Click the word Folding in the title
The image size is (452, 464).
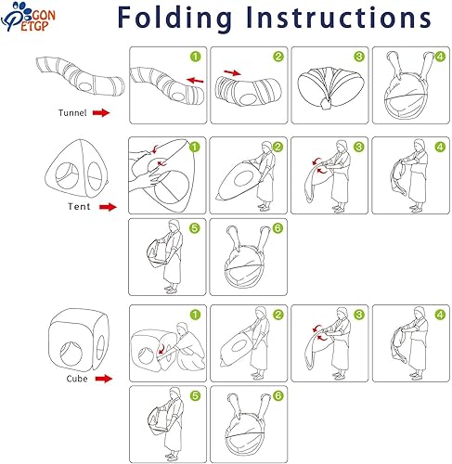coord(174,18)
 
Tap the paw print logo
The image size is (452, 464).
coord(29,17)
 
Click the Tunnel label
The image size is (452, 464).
coord(72,113)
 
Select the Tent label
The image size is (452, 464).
coord(79,206)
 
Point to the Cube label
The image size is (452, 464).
coord(77,379)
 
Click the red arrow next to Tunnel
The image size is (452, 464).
coord(101,112)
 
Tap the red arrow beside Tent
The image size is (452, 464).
coord(108,207)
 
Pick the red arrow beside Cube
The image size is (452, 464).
coord(104,379)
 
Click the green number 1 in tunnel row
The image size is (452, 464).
coord(196,57)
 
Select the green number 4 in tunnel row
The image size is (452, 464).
coord(440,57)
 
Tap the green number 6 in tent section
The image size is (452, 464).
coord(278,228)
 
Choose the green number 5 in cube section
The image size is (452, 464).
coord(195,395)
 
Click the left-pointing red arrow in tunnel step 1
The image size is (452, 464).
coord(195,81)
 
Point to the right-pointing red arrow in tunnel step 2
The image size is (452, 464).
coord(232,73)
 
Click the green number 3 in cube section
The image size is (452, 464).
coord(359,315)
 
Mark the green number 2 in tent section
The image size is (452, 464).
coord(278,147)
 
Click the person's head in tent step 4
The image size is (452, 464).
coord(420,145)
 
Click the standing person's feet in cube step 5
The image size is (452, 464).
coord(172,456)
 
